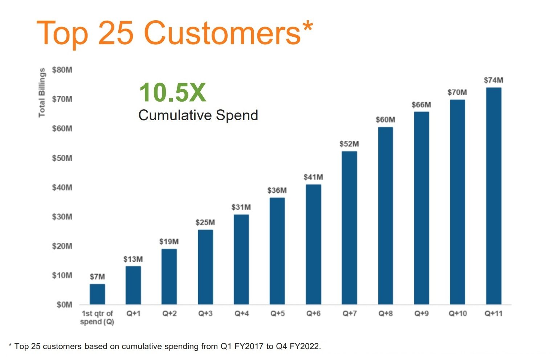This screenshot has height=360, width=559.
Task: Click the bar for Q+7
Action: (349, 228)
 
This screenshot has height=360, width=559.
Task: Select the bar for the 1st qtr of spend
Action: (97, 294)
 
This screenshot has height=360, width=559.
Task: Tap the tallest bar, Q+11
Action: (493, 196)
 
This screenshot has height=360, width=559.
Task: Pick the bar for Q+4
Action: (241, 259)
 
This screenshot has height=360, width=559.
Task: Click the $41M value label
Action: (313, 177)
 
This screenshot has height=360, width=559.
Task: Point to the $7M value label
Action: (97, 277)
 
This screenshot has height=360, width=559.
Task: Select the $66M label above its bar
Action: (421, 105)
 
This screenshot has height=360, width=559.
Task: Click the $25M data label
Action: (205, 222)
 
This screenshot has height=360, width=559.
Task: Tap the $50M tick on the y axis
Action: (62, 158)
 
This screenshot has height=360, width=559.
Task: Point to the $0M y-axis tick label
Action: (64, 305)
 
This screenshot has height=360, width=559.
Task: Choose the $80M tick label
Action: (62, 70)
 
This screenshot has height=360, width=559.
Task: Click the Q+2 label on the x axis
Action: (170, 314)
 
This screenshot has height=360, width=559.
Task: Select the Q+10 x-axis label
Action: (458, 314)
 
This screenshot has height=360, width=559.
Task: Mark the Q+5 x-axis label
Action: (277, 314)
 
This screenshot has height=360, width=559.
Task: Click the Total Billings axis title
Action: (42, 93)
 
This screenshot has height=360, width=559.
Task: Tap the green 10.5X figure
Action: (172, 93)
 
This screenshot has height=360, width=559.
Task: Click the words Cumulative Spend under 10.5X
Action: (198, 115)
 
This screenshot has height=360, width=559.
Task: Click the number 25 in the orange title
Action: (115, 33)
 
